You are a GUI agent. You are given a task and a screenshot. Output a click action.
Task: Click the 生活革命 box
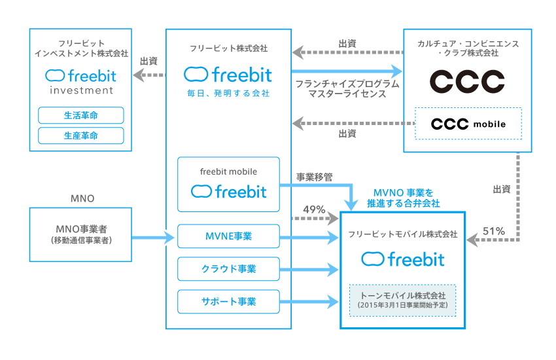[81, 115]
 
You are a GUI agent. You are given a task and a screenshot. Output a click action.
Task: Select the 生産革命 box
[81, 135]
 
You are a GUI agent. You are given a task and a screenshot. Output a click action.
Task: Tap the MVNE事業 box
[228, 236]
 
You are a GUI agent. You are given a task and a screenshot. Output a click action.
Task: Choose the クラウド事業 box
[228, 268]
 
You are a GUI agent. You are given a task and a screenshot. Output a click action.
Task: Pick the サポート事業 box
[228, 301]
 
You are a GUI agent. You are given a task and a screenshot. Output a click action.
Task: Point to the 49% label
[314, 209]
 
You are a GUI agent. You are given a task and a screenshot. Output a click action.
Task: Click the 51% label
[493, 230]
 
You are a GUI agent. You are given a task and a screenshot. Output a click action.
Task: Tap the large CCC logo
[467, 81]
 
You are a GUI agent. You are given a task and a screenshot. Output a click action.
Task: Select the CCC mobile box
[468, 123]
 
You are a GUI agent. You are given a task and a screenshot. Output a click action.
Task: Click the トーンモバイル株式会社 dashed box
[402, 300]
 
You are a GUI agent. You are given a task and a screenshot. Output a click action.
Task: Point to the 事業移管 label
[315, 177]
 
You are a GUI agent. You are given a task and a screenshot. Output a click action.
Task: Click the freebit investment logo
[81, 81]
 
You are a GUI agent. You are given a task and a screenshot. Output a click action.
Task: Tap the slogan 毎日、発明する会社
[228, 94]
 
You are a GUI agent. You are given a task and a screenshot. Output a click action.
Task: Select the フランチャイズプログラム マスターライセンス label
[347, 89]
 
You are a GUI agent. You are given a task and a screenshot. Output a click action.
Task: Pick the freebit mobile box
[228, 184]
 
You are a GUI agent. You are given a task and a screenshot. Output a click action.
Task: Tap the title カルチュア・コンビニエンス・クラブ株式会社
[468, 48]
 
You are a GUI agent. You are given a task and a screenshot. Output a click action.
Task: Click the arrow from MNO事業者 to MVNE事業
[154, 236]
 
